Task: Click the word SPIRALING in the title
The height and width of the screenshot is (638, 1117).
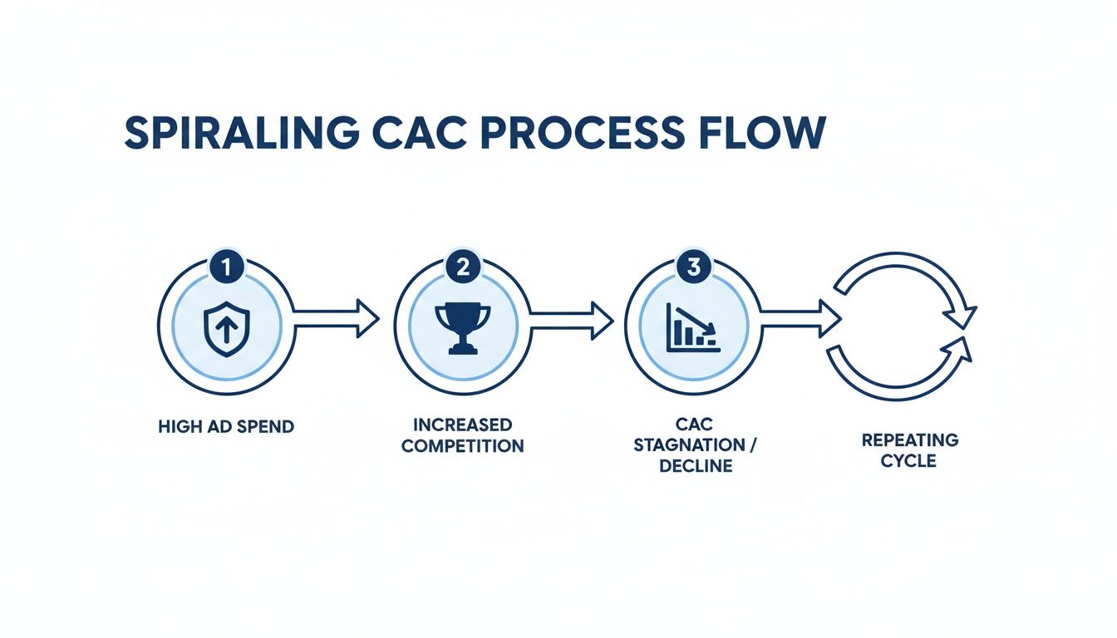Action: click(240, 133)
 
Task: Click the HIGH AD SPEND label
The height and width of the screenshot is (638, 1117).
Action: click(225, 427)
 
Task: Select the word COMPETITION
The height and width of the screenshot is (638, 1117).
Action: click(462, 446)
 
